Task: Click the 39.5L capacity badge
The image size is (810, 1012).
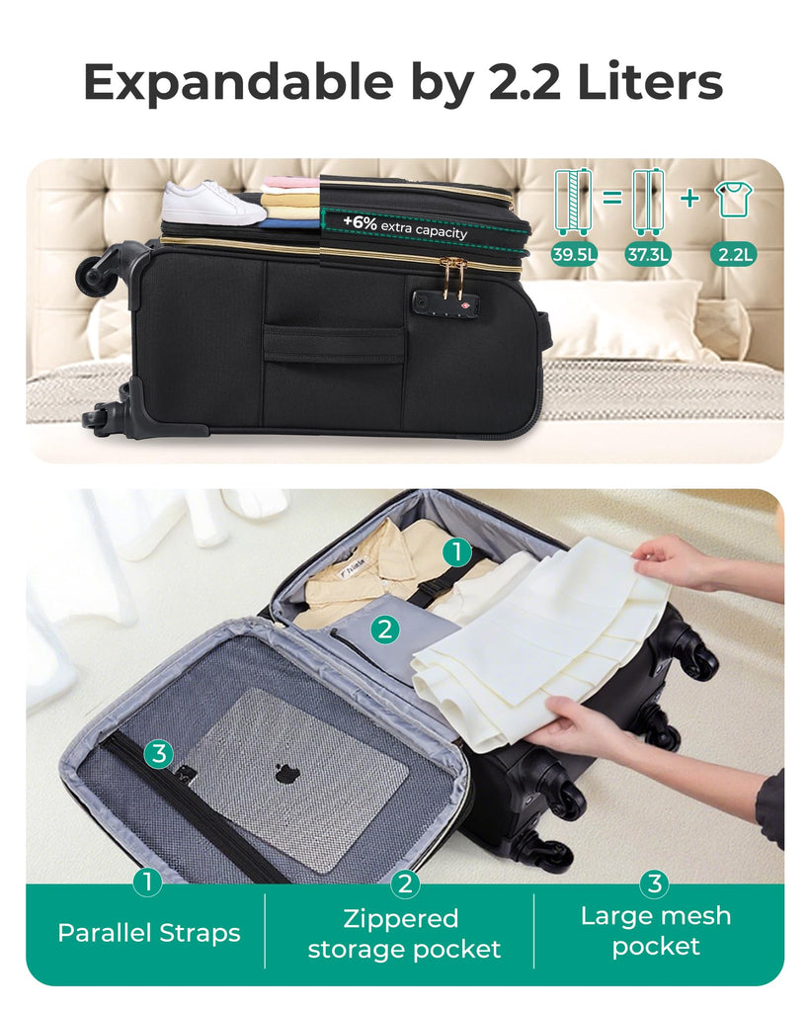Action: point(573,254)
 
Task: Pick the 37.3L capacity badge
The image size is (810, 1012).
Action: point(647,254)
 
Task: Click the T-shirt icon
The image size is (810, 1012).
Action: point(734,200)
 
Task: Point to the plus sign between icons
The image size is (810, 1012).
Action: point(689,198)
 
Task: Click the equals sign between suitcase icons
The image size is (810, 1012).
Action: point(612,198)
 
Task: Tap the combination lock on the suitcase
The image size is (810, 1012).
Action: point(445,302)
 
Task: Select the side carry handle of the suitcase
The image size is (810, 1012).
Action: point(334,344)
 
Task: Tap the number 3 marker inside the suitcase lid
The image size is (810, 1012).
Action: point(159,753)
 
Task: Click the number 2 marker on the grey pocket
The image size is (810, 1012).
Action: point(385,629)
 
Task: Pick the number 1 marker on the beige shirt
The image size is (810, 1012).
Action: point(457,552)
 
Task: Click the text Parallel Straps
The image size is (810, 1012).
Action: point(149,933)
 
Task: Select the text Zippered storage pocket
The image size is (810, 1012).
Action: point(404,934)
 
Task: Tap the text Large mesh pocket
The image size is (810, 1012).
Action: point(656,931)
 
